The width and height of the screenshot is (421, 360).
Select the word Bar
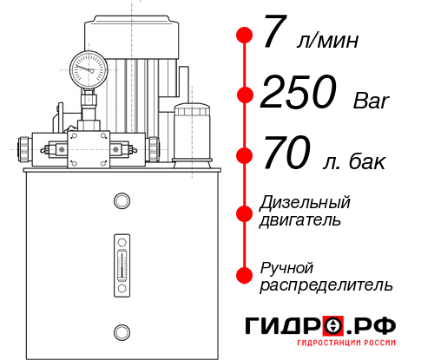point(372,101)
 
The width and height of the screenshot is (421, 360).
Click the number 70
point(286,156)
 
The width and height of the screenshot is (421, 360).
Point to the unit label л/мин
point(326,42)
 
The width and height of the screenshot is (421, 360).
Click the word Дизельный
point(305,203)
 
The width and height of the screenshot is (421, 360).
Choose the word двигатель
point(300,220)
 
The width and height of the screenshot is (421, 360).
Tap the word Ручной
point(287,267)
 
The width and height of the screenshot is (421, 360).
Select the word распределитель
point(326,285)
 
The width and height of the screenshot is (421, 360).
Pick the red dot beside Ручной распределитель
point(245,274)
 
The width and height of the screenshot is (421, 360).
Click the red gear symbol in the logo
point(333,326)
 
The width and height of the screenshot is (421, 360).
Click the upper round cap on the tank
point(122,201)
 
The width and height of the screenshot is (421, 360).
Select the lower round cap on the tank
point(122,331)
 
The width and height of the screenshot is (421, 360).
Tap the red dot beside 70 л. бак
point(245,155)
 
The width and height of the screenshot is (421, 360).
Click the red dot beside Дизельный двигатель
point(245,211)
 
